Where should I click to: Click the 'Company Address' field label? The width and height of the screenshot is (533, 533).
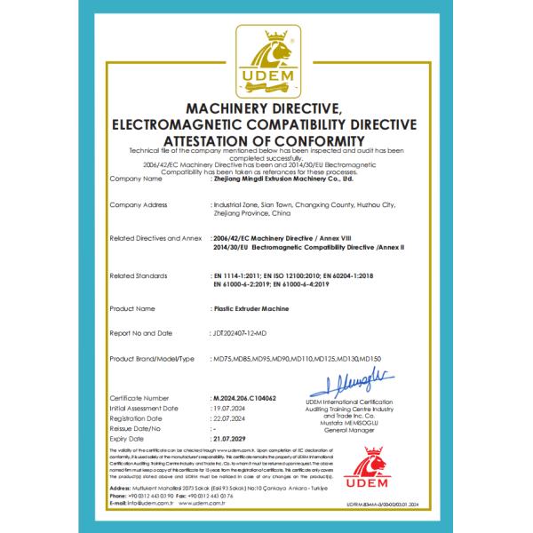137,204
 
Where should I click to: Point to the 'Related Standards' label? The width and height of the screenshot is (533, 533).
138,276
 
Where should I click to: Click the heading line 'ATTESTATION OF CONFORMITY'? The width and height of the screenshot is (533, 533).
266,141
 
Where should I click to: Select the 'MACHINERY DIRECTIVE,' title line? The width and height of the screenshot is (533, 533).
266,108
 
